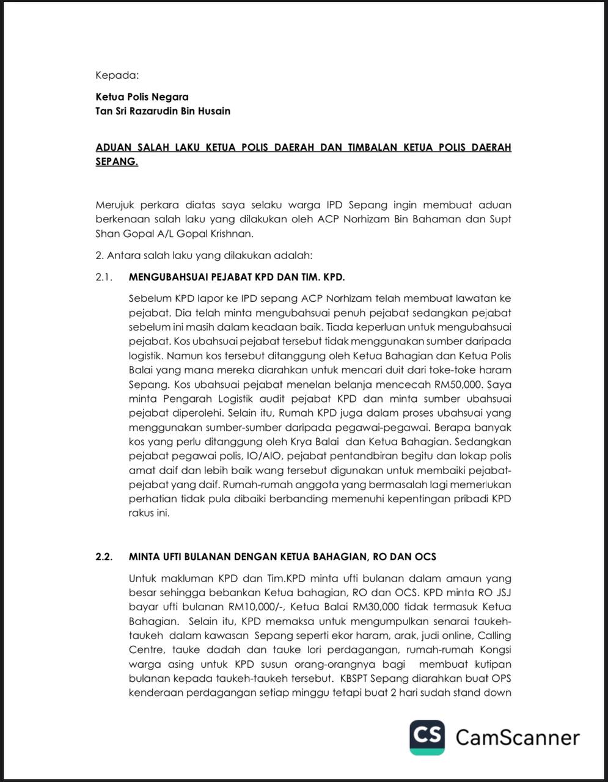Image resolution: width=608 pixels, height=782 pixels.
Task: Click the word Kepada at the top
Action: pos(117,76)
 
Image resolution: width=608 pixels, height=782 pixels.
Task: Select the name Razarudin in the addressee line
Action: pos(154,111)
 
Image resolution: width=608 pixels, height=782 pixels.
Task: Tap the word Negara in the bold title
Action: pos(169,97)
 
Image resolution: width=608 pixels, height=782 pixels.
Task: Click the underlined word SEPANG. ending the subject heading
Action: pos(117,162)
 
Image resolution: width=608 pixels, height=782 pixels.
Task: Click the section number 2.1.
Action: pos(104,277)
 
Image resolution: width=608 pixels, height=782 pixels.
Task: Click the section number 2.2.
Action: pos(104,557)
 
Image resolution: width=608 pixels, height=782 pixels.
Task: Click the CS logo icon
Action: pos(427,737)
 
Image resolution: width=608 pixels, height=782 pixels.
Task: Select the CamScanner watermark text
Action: pos(518,737)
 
